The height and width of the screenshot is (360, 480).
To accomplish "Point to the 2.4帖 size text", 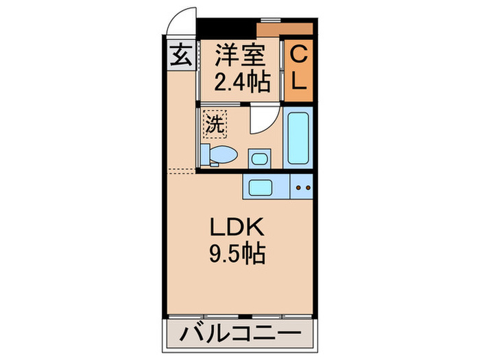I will (x=239, y=83).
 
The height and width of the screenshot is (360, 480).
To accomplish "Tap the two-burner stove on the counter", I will (x=302, y=187).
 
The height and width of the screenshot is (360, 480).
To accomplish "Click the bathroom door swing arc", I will (x=261, y=123).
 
